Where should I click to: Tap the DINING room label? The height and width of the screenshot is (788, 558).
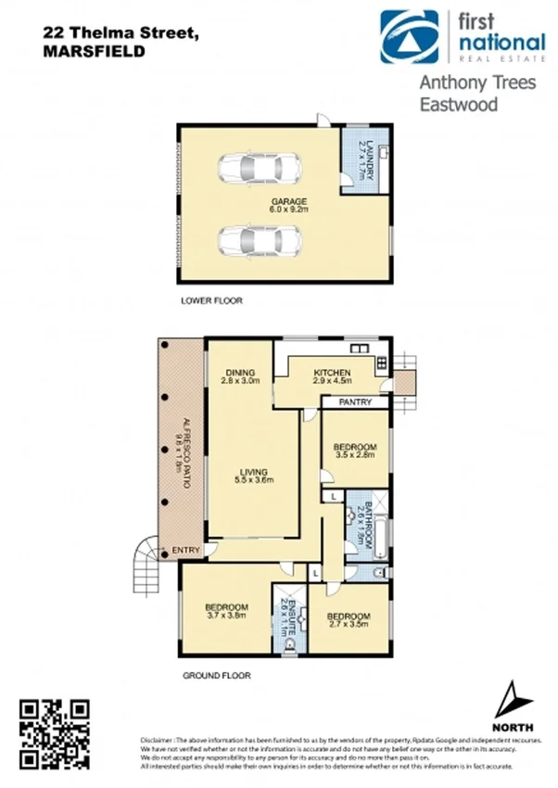(239, 375)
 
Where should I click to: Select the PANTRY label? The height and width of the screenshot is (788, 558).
(355, 403)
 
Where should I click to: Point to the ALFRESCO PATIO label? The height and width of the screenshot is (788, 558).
(183, 446)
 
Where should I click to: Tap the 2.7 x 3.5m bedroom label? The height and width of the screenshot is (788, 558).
(349, 620)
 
